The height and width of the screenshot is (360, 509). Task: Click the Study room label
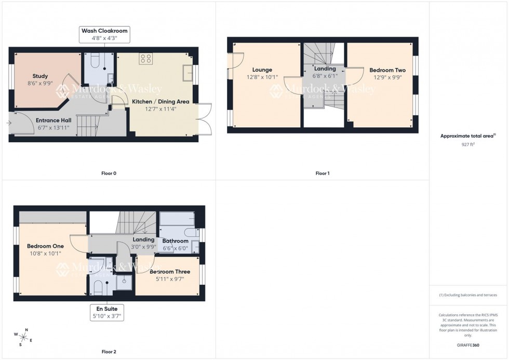pos(40,76)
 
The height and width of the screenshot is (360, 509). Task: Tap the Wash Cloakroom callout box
pos(103,34)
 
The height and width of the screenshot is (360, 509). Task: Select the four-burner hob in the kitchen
pos(145,59)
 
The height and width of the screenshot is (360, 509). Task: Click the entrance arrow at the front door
pos(9,123)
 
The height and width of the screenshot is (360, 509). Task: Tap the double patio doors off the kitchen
pos(204,118)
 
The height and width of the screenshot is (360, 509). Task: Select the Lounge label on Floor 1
pos(262,70)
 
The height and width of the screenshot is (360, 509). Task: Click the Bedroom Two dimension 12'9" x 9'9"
pos(387,77)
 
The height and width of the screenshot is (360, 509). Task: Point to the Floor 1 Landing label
pos(325,69)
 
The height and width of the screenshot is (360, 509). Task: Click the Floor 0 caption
pos(109,173)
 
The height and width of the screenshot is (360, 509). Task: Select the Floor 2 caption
pos(109,352)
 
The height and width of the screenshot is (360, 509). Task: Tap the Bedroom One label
pos(45,246)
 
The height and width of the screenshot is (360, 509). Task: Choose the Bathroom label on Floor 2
pos(176,241)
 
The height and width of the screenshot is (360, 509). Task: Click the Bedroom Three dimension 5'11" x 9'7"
pos(170,278)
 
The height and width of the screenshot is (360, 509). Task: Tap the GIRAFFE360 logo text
pos(468,345)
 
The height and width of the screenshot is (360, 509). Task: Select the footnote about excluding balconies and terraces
pos(468,295)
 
